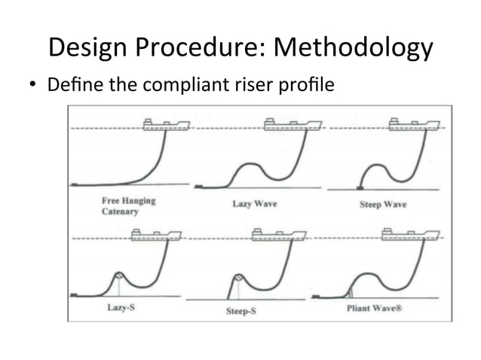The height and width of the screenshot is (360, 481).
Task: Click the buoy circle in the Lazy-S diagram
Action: (x=118, y=276)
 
